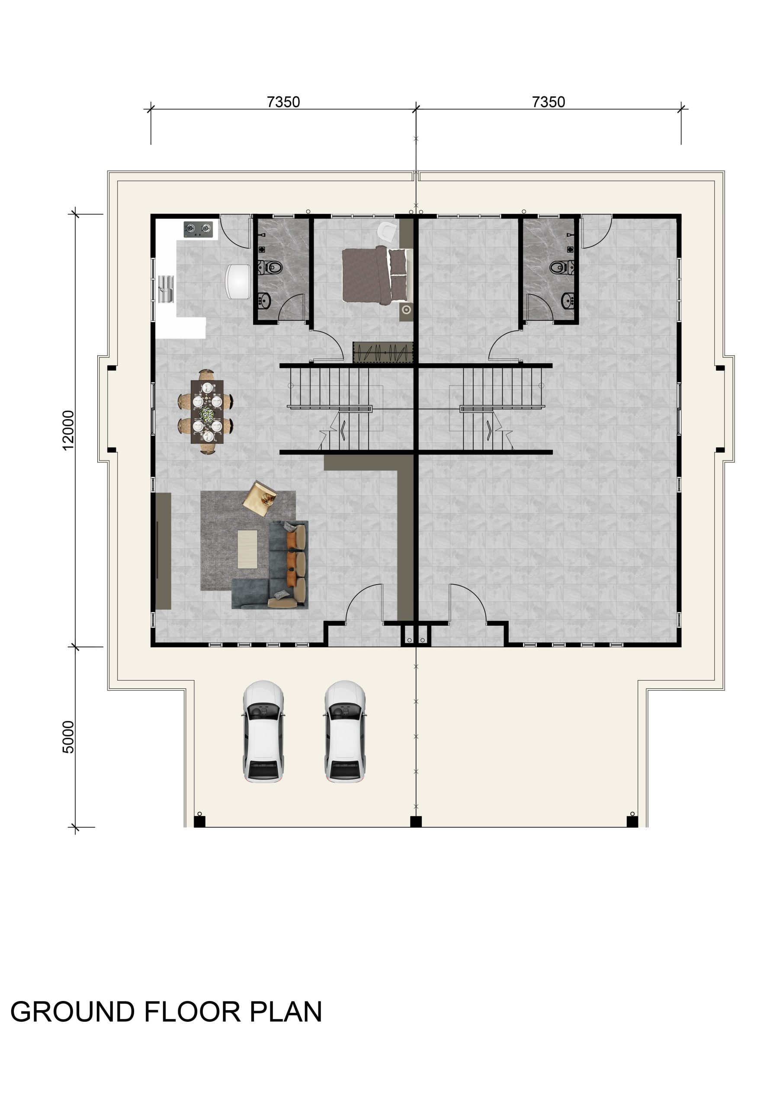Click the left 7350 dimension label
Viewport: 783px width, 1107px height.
point(283,102)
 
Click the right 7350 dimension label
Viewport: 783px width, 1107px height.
point(549,102)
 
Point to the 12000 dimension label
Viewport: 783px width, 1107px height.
point(68,430)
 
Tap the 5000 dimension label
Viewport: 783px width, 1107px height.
point(68,737)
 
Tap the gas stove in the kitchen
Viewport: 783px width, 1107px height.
point(198,230)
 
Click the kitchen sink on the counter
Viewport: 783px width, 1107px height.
point(166,288)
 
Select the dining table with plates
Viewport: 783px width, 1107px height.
point(207,412)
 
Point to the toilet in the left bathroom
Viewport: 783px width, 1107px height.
point(270,267)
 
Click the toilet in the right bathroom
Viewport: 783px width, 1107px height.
point(562,267)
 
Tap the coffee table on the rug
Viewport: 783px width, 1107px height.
point(247,549)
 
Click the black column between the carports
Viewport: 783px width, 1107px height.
point(416,822)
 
